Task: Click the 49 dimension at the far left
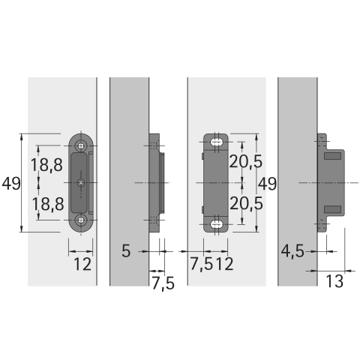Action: click(x=11, y=184)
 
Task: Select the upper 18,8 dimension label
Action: click(x=46, y=165)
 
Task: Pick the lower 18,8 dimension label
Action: click(x=48, y=203)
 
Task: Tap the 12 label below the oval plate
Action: click(x=82, y=264)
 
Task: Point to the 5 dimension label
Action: click(x=126, y=250)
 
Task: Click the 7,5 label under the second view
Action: click(x=163, y=283)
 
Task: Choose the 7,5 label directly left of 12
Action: click(x=202, y=264)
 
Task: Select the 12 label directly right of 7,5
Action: click(x=224, y=264)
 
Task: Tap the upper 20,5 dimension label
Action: click(x=246, y=161)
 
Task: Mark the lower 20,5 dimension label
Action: click(x=246, y=203)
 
